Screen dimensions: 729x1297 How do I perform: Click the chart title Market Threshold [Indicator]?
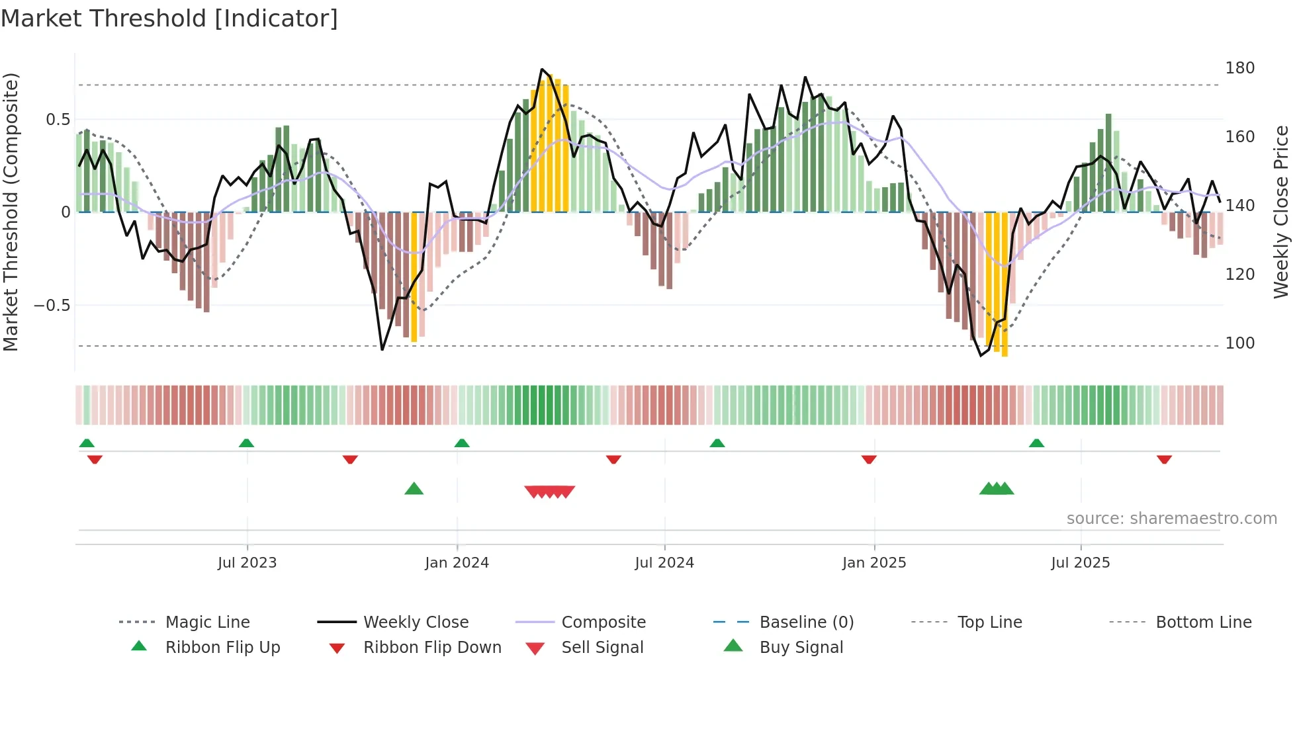coord(169,19)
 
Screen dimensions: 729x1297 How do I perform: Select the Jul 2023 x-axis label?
coord(247,563)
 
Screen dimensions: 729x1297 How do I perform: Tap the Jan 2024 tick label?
coord(457,563)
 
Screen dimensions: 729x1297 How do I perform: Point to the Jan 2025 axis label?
coord(873,563)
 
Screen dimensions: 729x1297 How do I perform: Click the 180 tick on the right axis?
coord(1239,68)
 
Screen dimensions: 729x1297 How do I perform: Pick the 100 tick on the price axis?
coord(1239,343)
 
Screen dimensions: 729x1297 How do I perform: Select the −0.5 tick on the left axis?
coord(52,306)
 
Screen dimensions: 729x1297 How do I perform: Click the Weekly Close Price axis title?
coord(1281,212)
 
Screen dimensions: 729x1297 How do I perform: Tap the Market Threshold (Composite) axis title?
coord(11,212)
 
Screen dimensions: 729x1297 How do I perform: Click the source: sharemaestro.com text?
coord(1171,519)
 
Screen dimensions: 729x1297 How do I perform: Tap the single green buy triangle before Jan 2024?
coord(414,489)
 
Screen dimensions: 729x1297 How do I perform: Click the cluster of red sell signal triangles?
coord(549,492)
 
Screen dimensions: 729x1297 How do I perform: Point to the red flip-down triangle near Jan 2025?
coord(869,459)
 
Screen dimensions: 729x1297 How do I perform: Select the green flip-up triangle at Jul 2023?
coord(246,443)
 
